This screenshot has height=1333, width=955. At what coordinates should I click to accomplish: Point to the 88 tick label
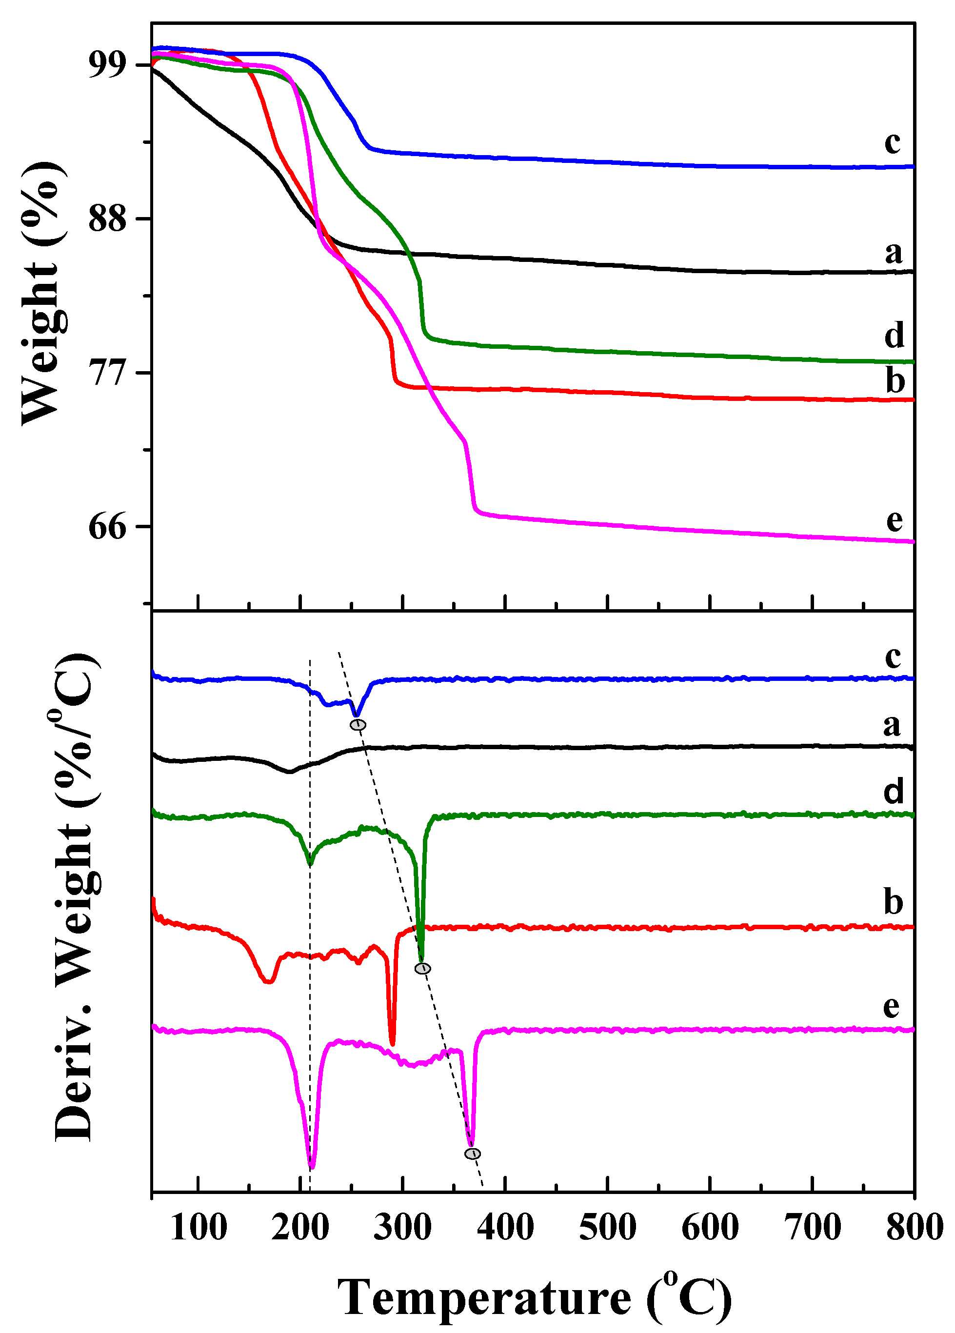108,219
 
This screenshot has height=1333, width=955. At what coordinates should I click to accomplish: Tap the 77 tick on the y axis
108,373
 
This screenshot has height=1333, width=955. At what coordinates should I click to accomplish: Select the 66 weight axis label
108,527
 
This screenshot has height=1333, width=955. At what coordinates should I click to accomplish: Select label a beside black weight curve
893,253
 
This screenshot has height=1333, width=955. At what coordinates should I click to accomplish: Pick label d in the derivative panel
893,792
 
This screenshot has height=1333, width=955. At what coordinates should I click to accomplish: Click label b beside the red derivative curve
893,902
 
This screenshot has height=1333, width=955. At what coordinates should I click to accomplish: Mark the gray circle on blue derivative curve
358,725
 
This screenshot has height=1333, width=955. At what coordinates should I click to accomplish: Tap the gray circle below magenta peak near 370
472,1154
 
